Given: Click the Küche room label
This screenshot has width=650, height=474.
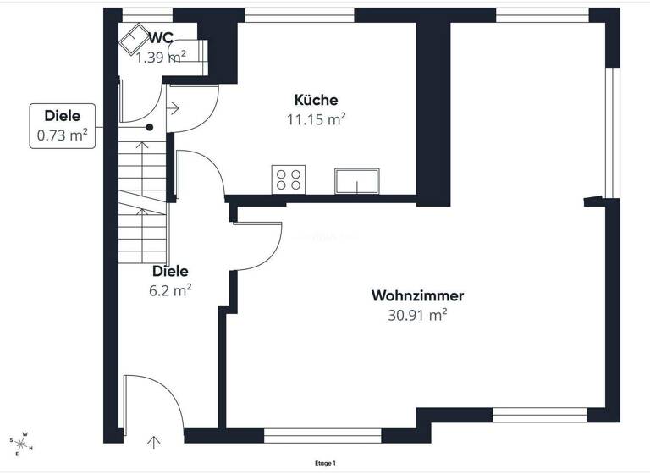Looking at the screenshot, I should coord(317,100).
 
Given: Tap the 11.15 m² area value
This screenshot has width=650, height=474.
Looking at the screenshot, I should coord(317,119).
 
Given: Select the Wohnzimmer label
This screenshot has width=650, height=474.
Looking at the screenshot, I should coord(417,296).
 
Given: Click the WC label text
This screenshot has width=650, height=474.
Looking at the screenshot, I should coord(161,38).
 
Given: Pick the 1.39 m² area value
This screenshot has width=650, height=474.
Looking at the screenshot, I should coord(161,57).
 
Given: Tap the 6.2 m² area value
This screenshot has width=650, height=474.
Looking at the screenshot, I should coord(170,289).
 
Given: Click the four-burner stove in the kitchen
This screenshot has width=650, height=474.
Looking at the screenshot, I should coord(288,179).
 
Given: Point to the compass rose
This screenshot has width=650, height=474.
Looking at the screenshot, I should coord(22,443).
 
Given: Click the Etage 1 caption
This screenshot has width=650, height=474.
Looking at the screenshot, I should coord(325,463).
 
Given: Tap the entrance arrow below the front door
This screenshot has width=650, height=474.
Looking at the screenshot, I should coord(153,441).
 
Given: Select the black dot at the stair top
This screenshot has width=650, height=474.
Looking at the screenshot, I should coord(150,128).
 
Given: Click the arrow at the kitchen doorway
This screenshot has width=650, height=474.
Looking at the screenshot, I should coord(174,107).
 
